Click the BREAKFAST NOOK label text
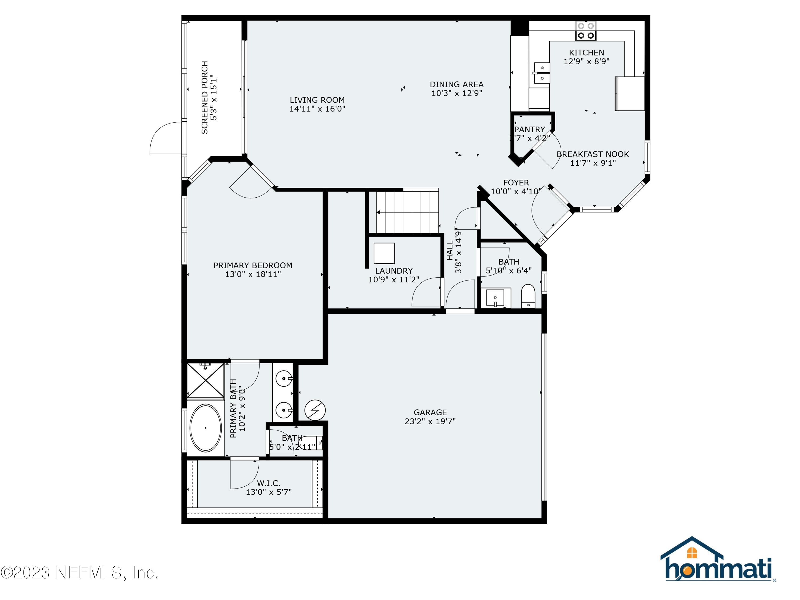(593, 154)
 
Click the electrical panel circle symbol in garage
(315, 410)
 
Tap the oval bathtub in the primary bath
(205, 428)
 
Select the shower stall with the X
(205, 381)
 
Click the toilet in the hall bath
(528, 296)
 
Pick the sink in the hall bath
(495, 298)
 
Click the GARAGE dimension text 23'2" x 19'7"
(430, 421)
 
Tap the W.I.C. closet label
(268, 483)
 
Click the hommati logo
(718, 560)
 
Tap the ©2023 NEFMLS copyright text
(79, 573)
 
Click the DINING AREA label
(457, 84)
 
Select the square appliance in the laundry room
(384, 253)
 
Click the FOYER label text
(516, 183)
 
